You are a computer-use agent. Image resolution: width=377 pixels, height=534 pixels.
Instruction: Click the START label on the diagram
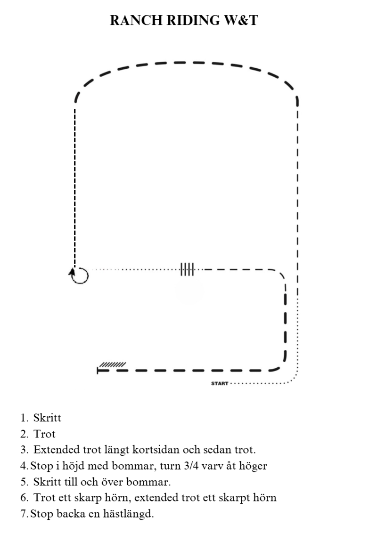[220, 384]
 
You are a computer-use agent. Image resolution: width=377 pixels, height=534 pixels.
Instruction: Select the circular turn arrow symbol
[80, 275]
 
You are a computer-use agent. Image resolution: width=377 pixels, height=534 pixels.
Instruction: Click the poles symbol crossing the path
[187, 269]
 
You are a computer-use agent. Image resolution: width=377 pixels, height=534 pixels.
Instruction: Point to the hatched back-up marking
[113, 364]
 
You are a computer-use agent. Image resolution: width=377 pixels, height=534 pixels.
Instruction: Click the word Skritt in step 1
[47, 418]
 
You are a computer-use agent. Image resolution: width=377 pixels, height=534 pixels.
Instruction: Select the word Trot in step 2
[44, 434]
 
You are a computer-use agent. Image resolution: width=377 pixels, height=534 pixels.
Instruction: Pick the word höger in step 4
[254, 467]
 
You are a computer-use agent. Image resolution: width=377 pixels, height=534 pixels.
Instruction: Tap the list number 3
[24, 450]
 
